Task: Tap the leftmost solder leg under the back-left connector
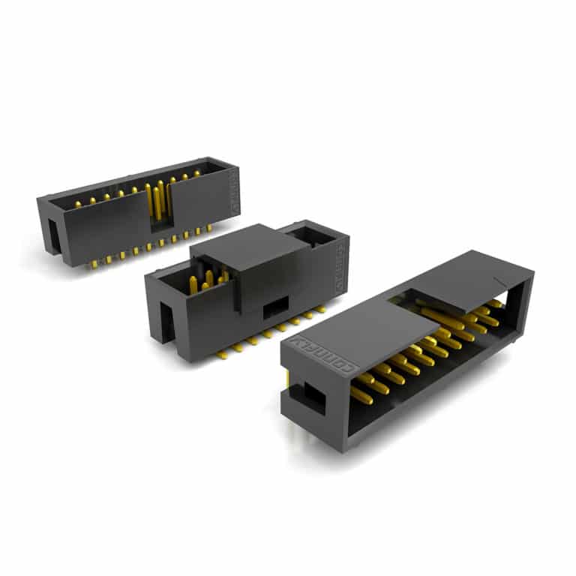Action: pos(92,263)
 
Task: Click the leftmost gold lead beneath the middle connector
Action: pos(223,352)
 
